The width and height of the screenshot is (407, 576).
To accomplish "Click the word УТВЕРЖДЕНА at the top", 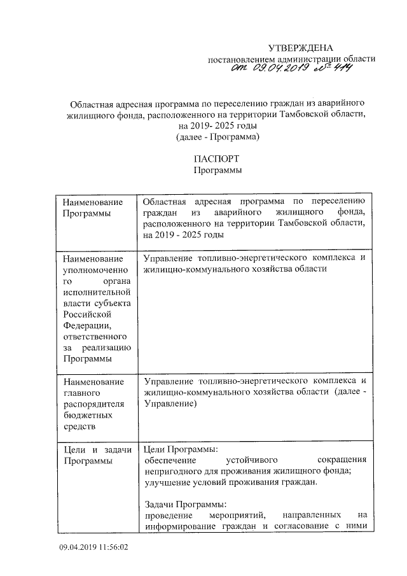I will (299, 48).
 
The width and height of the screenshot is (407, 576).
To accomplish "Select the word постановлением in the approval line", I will (242, 59).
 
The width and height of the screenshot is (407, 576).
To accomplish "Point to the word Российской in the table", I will (87, 314).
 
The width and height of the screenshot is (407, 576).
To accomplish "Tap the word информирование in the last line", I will (180, 526).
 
